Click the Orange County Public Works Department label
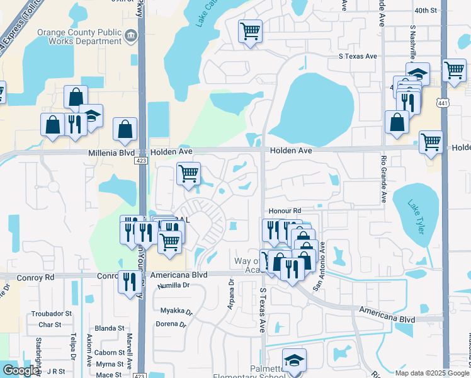tap(79, 37)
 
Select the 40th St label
tap(426, 11)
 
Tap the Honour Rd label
tap(285, 210)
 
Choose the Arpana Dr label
tap(231, 295)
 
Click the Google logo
tap(21, 370)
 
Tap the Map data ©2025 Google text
tap(432, 373)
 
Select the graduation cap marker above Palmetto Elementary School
tap(294, 360)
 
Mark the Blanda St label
tap(110, 328)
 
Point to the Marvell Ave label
tap(129, 356)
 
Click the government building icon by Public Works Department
tap(131, 36)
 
